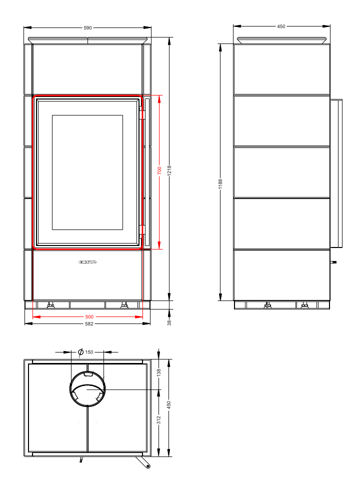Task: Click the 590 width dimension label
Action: coord(87,28)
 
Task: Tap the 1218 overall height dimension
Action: coord(169,170)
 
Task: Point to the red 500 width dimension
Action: coord(89,317)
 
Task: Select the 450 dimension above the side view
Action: coord(281,26)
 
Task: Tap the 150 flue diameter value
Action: coord(89,352)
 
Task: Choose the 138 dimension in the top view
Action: coord(159,372)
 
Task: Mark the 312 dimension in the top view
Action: coord(159,420)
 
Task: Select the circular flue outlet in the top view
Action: coord(87,389)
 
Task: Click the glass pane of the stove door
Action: coord(87,172)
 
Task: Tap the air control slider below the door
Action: coord(87,262)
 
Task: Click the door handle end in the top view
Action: coord(148,467)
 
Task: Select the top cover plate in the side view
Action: coord(281,40)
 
